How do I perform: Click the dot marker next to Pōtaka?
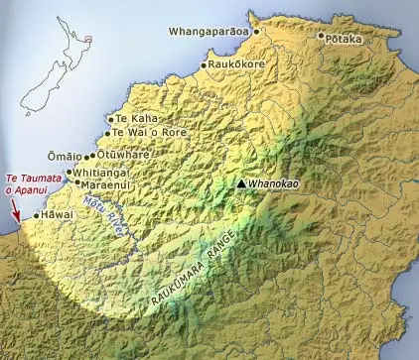(321, 37)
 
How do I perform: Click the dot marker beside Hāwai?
(38, 215)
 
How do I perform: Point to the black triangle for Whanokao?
(241, 183)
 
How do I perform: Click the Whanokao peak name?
(273, 184)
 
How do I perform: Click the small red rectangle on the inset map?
(88, 42)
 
